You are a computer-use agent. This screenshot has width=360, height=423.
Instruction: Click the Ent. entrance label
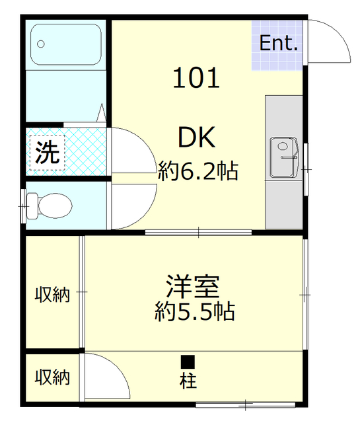[278, 44]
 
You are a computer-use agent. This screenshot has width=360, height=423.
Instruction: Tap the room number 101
[196, 79]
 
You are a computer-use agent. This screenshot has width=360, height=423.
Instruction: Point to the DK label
[196, 138]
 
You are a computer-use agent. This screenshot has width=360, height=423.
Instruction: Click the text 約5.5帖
[195, 311]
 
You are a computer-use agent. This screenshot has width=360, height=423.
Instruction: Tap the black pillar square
[188, 362]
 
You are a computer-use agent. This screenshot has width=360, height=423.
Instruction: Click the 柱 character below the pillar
[188, 381]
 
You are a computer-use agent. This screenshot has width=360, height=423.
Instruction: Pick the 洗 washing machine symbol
[47, 153]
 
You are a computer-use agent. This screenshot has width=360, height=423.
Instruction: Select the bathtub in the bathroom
[65, 46]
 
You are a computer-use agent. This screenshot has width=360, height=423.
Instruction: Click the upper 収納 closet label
[52, 295]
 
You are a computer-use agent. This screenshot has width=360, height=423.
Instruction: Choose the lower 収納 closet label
[52, 377]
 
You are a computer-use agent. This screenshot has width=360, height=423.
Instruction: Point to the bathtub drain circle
[41, 44]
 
